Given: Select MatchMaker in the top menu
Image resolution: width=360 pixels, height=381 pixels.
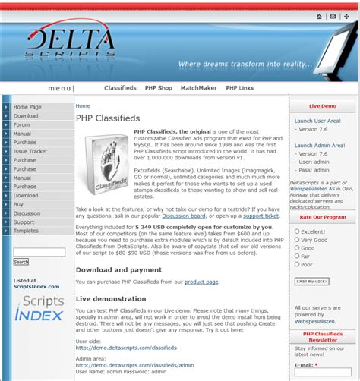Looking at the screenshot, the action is (x=198, y=88).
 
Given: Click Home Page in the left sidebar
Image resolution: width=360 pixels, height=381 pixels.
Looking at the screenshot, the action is (x=27, y=107).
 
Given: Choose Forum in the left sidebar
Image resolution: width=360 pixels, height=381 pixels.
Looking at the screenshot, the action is (x=21, y=124).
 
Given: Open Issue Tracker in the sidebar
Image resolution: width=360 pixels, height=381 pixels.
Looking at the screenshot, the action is (x=30, y=151).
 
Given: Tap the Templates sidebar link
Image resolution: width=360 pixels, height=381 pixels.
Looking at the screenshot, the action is (x=26, y=231).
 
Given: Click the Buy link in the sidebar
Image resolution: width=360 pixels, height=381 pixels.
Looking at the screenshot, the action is (x=18, y=204).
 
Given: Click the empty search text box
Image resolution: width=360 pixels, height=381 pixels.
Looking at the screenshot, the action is (x=39, y=251).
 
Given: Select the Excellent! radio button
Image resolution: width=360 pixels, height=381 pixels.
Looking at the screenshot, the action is (x=297, y=231).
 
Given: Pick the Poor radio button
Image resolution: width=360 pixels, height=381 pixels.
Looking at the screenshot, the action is (x=297, y=265).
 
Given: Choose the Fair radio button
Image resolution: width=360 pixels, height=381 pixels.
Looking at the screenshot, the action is (x=297, y=257).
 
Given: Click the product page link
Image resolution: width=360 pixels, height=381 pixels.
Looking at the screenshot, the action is (x=201, y=282).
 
